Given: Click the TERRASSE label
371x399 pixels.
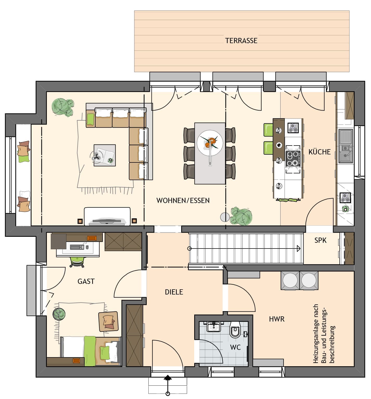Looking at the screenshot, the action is (241, 41).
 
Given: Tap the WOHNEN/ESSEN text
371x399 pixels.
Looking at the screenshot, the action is (183, 200).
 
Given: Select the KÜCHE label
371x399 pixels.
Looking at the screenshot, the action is (319, 152).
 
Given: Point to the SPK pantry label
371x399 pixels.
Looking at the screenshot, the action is (320, 240).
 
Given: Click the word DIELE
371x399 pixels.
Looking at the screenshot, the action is (174, 292).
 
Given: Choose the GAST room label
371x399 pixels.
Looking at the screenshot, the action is (86, 281).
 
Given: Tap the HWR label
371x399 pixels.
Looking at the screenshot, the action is (277, 319).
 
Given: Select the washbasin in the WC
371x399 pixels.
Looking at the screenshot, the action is (214, 326).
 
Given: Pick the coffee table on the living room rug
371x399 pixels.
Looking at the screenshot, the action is (105, 155).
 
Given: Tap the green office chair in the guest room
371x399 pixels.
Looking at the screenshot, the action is (77, 261).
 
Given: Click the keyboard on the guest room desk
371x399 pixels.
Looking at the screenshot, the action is (77, 247).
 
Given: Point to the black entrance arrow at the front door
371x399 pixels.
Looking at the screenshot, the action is (167, 378).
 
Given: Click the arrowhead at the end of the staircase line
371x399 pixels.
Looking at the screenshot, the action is (298, 248).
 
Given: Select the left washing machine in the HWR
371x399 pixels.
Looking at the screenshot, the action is (290, 280).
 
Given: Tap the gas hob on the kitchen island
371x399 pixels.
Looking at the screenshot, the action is (293, 159).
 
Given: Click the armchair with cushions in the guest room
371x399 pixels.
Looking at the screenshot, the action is (108, 322).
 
